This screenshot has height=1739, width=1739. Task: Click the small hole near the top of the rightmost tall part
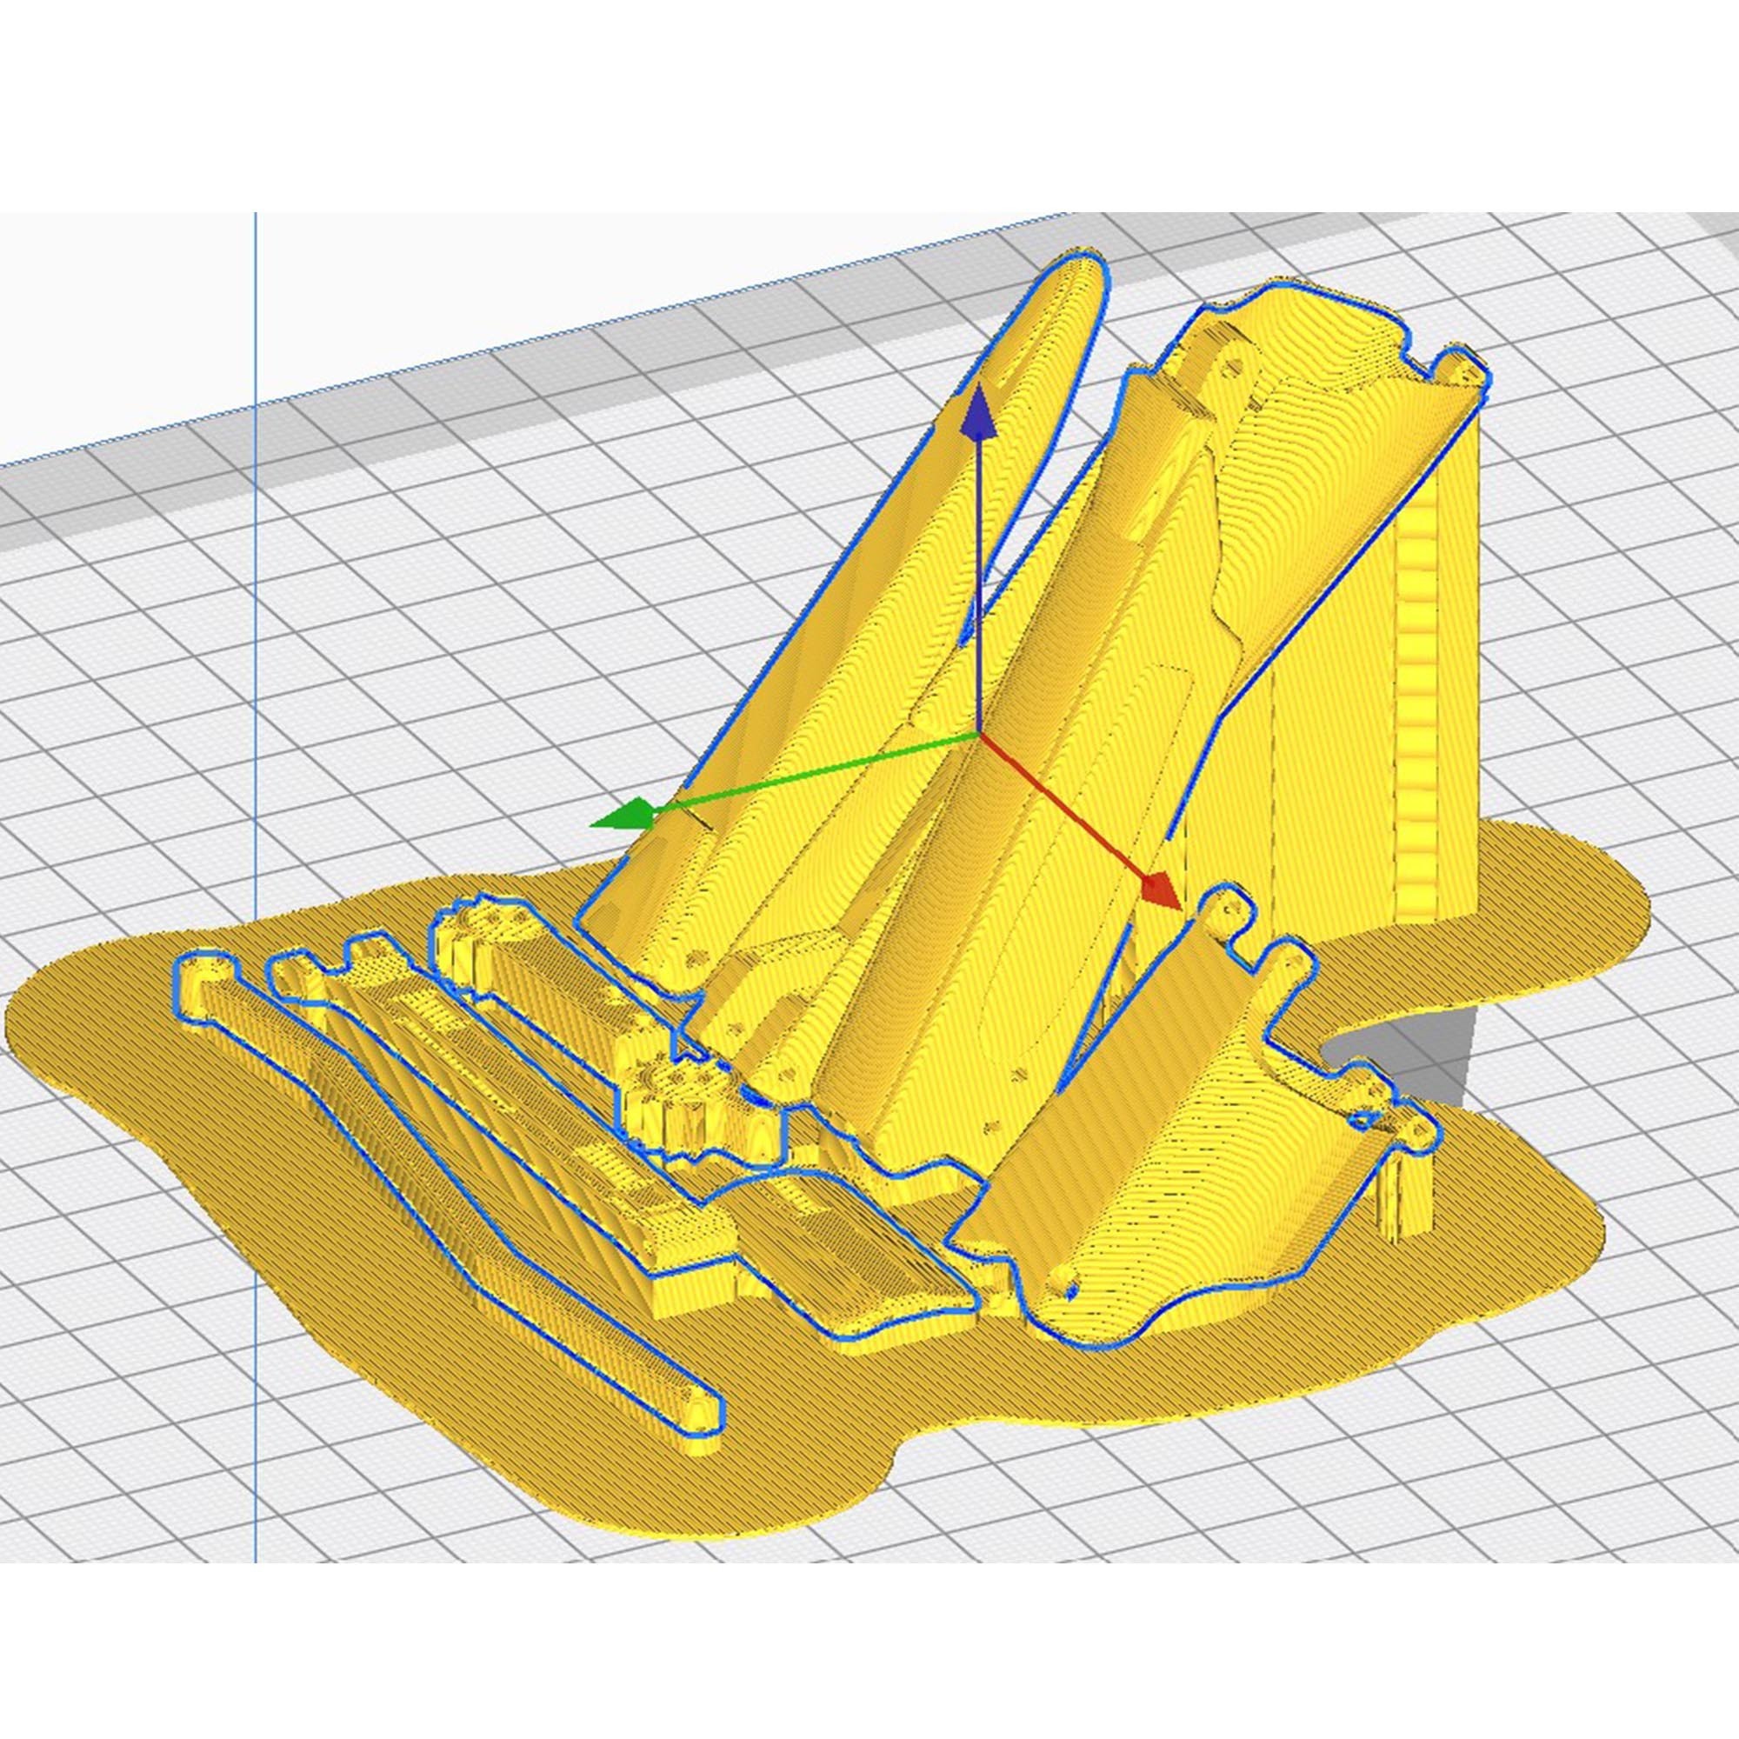coord(1235,367)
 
